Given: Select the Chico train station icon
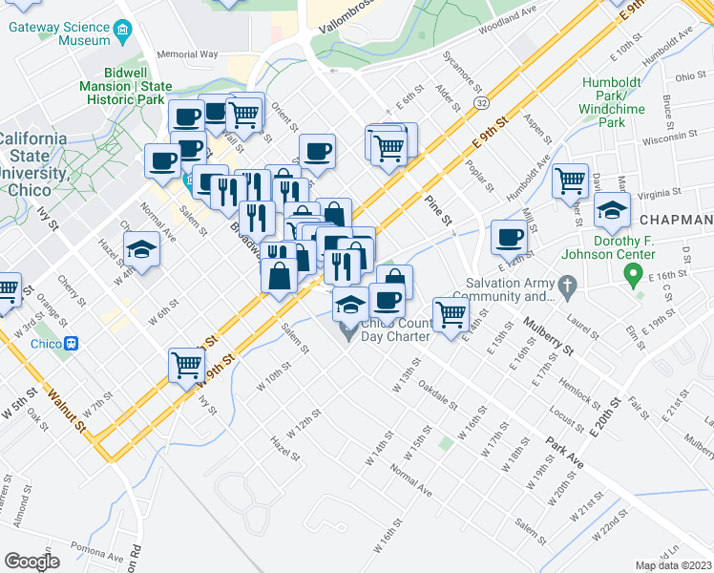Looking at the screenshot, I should (71, 344).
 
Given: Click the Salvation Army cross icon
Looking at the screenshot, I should (567, 284).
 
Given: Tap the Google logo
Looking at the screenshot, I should (32, 561).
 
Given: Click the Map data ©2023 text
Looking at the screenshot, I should (673, 565).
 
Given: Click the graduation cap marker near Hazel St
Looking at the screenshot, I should (141, 250).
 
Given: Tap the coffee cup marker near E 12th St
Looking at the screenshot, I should (510, 236).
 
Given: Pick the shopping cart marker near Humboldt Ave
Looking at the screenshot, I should (570, 178).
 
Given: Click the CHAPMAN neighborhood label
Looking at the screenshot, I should (678, 221).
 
